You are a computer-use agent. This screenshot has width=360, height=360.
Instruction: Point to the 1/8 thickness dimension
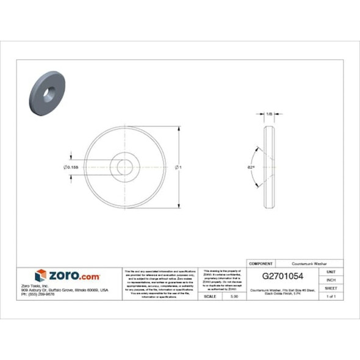pos(270,114)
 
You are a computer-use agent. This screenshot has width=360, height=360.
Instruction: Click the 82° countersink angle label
pos(251,166)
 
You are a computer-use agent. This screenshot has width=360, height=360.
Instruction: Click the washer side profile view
pos(270,166)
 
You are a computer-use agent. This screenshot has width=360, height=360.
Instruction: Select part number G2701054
pos(284,276)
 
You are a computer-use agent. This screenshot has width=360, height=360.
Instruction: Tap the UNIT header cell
pos(331,272)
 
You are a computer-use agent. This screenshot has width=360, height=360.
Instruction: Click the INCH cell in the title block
pos(331,279)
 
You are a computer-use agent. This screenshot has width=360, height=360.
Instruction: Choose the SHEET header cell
pos(331,288)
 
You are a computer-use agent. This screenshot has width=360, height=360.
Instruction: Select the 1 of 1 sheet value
pos(331,296)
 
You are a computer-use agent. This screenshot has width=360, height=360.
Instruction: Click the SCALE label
pos(210,296)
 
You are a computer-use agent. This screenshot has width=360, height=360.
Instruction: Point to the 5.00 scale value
pos(234,296)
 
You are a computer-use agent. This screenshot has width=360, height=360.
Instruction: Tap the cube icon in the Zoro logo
pos(41,275)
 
